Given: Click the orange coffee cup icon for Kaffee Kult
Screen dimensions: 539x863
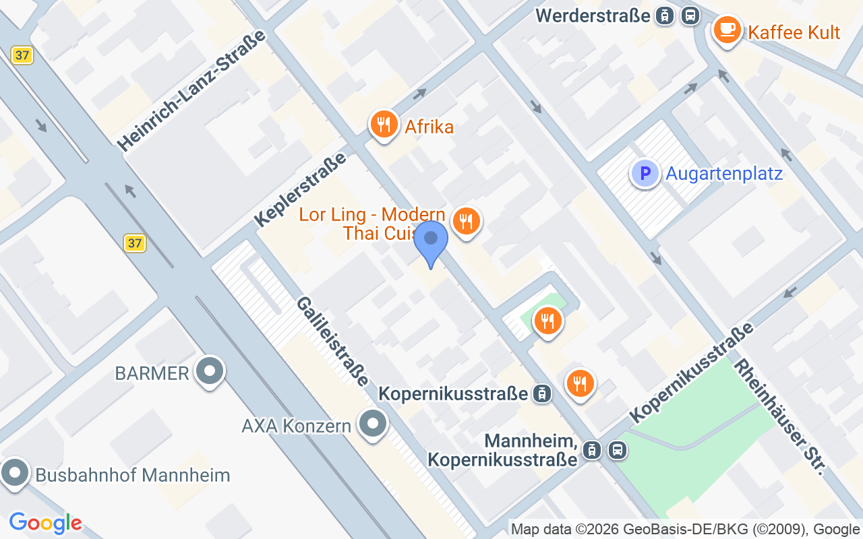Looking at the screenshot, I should coord(727,30).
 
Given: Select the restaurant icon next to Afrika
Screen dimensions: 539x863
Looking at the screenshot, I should coord(384,125).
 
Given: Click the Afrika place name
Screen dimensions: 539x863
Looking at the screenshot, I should coord(429,126).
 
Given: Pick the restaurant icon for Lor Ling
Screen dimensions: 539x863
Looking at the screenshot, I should coord(465,220).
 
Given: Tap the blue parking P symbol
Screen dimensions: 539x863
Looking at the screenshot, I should coord(645,173).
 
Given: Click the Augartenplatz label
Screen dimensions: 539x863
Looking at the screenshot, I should coord(724,174).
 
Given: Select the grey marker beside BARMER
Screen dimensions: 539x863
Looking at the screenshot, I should coord(209,371).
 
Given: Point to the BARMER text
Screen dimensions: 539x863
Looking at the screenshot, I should coord(152,373).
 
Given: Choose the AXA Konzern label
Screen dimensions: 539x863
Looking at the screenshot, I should coord(297,426).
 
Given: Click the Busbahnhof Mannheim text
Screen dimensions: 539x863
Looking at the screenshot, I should coord(133,475).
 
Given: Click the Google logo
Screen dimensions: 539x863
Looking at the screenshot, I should coord(46,522).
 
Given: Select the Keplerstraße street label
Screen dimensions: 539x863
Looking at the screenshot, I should coord(300,189).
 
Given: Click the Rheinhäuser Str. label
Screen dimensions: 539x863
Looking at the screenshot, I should coord(779,416).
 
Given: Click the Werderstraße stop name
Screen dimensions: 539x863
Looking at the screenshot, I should coord(593,15).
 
